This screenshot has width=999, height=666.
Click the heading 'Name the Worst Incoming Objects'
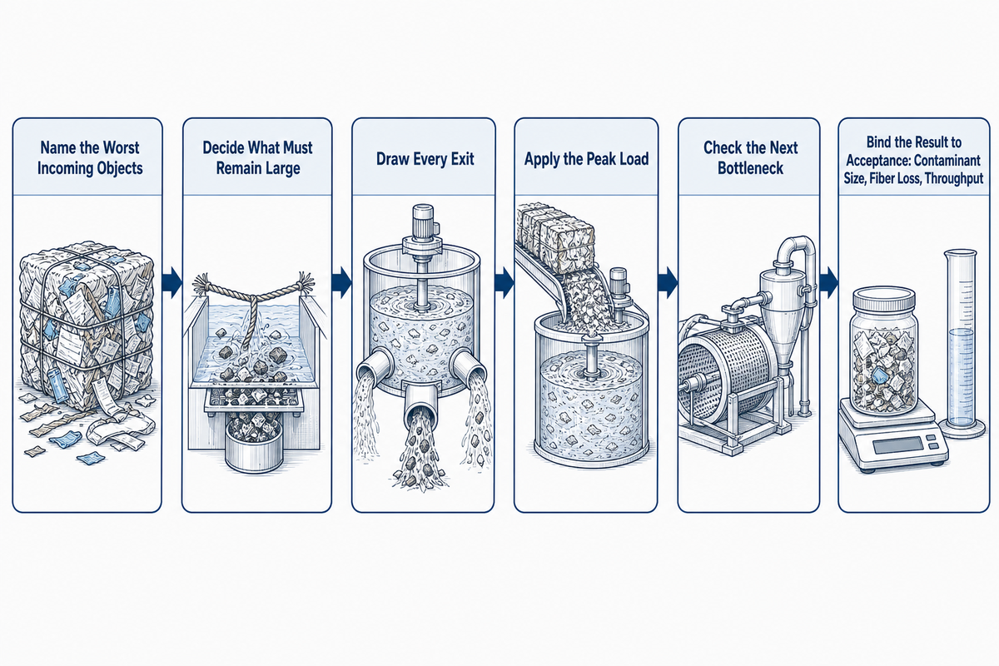click(90, 158)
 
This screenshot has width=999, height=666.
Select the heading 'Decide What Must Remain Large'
click(257, 158)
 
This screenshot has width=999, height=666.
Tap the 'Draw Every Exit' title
click(425, 159)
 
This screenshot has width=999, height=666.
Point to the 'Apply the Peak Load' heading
click(586, 159)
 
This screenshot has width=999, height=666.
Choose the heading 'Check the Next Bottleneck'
click(751, 158)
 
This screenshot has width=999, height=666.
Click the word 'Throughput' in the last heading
click(954, 178)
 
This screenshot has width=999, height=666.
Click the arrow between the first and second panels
click(171, 282)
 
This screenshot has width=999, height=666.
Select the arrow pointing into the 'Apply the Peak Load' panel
click(504, 282)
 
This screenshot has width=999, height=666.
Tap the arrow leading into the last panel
click(828, 282)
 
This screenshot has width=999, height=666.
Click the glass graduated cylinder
click(960, 343)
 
